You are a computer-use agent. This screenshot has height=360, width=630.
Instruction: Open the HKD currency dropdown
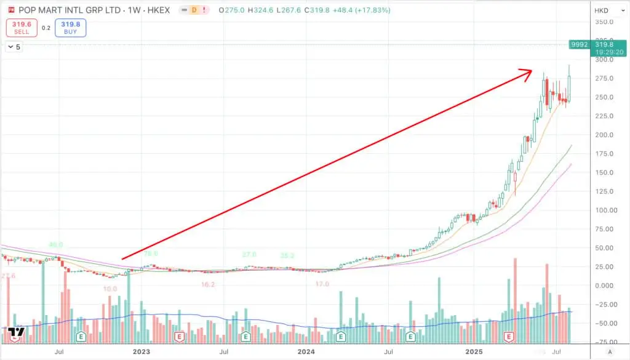[604, 10]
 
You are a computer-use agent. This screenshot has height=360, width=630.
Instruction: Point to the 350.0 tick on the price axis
[604, 22]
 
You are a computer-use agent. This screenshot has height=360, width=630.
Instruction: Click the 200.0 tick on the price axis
[604, 135]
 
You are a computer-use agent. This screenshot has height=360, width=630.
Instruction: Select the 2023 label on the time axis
[142, 351]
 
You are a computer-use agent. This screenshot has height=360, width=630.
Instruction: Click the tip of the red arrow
[532, 71]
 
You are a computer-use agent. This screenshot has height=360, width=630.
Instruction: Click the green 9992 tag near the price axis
[580, 44]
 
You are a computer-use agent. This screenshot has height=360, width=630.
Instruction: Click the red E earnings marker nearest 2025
[509, 337]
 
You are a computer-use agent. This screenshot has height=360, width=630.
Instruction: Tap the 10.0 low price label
[110, 288]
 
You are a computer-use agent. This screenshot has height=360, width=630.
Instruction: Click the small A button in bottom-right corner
[609, 351]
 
